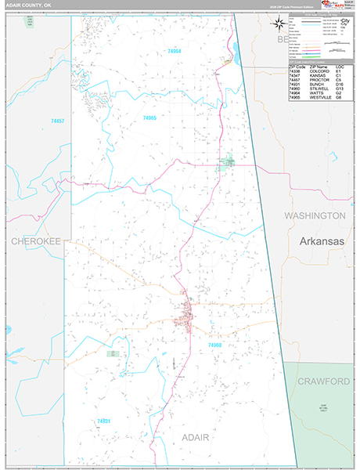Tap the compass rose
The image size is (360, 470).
279,23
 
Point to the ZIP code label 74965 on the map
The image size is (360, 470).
149,117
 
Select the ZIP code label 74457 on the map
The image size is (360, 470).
58,121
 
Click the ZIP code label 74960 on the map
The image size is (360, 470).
215,345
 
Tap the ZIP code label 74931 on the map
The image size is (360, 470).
104,421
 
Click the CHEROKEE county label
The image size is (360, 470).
35,242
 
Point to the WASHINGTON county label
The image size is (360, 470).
315,215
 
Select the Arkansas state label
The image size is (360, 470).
322,242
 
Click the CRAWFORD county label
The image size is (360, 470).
323,381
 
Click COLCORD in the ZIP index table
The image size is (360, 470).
316,72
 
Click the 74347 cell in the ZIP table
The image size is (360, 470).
295,76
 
